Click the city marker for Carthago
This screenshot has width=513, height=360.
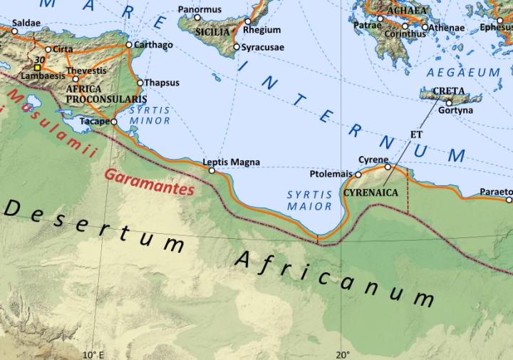[128, 45]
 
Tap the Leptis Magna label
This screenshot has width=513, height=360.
[231, 162]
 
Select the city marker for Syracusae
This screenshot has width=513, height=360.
[237, 47]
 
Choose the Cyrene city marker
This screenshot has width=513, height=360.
[388, 167]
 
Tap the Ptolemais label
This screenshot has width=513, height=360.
[331, 174]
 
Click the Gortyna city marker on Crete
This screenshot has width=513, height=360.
[449, 103]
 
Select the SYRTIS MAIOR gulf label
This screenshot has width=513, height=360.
[310, 200]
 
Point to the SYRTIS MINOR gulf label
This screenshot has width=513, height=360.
[150, 115]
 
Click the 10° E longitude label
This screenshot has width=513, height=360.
[93, 354]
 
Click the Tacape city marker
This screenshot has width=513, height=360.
[114, 122]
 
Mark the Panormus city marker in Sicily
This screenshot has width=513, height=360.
[198, 17]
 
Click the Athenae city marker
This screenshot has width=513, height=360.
[425, 28]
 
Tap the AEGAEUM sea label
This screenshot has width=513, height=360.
[463, 73]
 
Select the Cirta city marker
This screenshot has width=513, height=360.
[48, 50]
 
